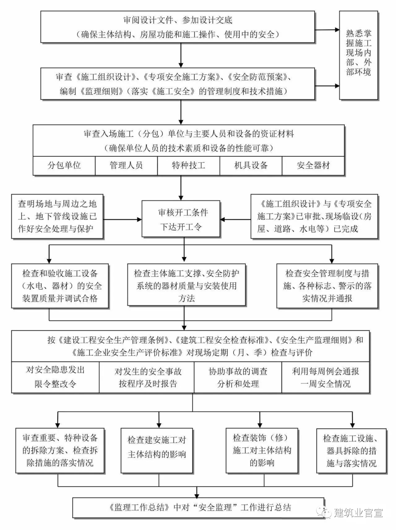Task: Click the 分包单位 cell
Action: [64, 166]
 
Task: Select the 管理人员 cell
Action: [126, 166]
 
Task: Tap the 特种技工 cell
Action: [188, 166]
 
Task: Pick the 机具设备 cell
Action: [251, 166]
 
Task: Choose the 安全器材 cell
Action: [313, 166]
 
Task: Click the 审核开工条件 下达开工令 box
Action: [181, 219]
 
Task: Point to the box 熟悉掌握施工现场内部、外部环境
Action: [359, 55]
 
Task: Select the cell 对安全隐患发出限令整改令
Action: [55, 377]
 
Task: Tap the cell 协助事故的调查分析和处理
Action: [238, 377]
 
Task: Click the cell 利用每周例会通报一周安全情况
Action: [325, 377]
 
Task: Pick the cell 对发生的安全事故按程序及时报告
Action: [147, 377]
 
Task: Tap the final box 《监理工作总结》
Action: [198, 508]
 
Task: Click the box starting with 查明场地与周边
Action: [57, 216]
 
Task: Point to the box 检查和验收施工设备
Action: [60, 286]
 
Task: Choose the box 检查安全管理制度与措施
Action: [327, 286]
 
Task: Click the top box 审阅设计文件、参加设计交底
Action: [177, 27]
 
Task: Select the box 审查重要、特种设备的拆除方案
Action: [60, 450]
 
